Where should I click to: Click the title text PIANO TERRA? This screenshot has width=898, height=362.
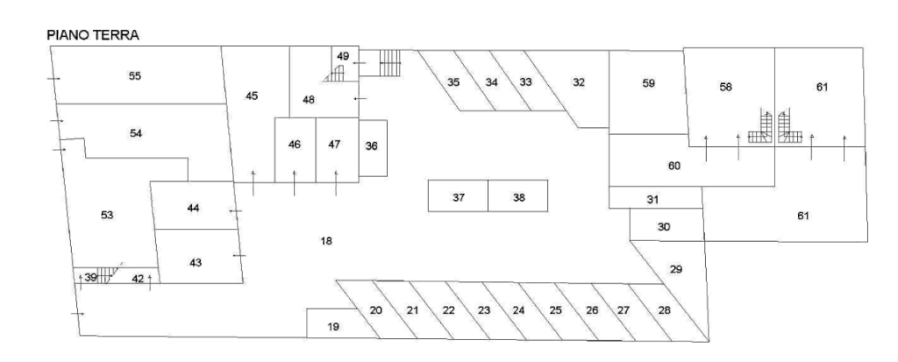point(92,35)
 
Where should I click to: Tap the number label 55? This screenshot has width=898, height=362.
point(134,75)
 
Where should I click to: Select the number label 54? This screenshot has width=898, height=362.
point(134,134)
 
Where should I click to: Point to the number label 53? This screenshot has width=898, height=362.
point(107,215)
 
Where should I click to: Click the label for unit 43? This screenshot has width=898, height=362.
point(195,262)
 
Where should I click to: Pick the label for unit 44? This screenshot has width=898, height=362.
point(194,207)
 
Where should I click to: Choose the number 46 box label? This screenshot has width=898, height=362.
point(295,144)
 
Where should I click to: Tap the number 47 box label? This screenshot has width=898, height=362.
point(334,144)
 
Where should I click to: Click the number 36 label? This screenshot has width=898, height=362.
point(372,146)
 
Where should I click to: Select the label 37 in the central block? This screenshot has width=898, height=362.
point(458,197)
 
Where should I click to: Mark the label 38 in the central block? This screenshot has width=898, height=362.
point(518,197)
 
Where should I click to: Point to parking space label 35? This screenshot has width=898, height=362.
point(453,82)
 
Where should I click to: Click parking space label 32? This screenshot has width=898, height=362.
point(578,82)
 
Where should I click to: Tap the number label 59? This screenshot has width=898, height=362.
point(648,83)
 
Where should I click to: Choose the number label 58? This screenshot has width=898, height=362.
point(724,87)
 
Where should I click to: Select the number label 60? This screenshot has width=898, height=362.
point(673,165)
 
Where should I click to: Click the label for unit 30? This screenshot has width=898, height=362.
point(664,226)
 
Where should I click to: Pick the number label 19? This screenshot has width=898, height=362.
point(333,326)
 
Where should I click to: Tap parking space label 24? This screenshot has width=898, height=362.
point(519,310)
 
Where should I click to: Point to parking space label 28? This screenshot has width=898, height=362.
point(664,310)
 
